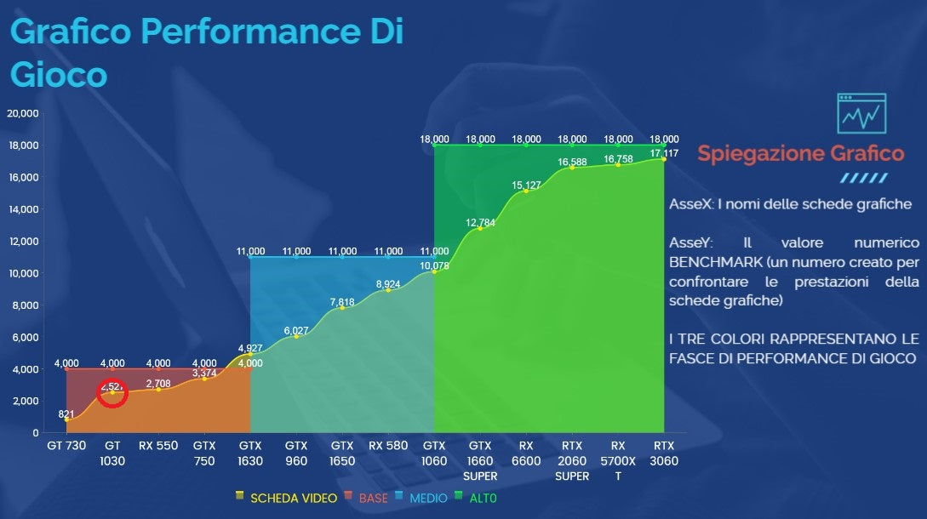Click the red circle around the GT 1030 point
pos(112,393)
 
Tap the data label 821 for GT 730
pos(66,414)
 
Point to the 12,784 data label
pos(480,223)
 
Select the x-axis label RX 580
pos(388,445)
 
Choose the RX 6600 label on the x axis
pos(526,453)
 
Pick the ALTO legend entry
pos(481,498)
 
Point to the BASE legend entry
pos(372,498)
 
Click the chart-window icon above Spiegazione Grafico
pos(861,114)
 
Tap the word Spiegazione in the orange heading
pos(756,154)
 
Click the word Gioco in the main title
pos(59,74)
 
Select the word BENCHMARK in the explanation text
pos(712,261)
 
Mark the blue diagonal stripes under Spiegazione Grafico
pos(863,179)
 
